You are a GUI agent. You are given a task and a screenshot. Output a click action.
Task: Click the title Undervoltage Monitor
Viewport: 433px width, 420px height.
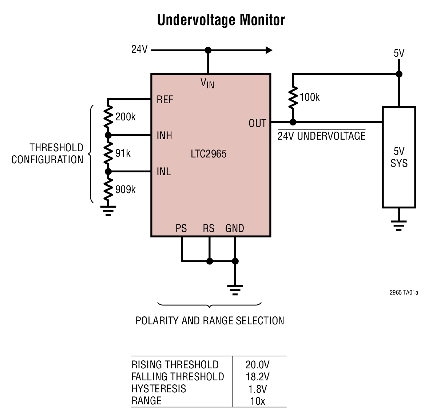coord(221,20)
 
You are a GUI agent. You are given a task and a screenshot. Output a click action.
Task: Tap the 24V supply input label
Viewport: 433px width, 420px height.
coord(139,49)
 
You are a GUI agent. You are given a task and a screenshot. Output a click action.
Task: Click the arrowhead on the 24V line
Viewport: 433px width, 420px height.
coord(269,50)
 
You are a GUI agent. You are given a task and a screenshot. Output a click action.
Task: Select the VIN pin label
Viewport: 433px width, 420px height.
coord(207,83)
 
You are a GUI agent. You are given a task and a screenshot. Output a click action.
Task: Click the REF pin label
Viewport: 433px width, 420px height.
coord(164,100)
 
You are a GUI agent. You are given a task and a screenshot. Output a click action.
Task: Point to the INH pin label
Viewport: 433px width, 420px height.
coord(164,136)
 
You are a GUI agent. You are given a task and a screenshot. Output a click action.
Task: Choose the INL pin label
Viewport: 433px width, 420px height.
coord(164,172)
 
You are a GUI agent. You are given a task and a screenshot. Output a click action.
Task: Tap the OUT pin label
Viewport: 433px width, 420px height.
coord(257,124)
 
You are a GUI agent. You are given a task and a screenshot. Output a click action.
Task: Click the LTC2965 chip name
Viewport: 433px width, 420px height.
coord(208,154)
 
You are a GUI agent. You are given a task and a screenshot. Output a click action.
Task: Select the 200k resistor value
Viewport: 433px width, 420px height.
coord(125,117)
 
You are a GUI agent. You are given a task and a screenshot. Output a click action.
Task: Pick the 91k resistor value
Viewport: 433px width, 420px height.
coord(123,153)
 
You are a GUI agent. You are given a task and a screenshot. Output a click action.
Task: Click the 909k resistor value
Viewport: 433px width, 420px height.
coord(125,189)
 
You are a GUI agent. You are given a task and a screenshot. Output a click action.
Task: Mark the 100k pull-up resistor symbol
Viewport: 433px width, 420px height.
coord(293,97)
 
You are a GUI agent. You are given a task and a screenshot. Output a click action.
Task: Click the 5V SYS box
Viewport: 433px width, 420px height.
coord(399,157)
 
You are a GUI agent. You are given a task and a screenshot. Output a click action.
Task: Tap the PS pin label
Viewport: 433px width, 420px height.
coord(181,228)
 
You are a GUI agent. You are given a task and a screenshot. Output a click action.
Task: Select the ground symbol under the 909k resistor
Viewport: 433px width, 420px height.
coord(108,211)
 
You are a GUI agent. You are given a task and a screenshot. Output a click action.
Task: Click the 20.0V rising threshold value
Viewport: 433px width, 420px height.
coord(258,365)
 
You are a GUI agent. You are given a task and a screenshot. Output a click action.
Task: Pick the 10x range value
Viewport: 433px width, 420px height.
coord(258,401)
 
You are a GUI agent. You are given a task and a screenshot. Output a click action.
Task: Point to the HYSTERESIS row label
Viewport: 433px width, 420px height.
coord(159,389)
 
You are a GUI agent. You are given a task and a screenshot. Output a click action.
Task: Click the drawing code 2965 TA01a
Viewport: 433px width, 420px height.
coord(404,292)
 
